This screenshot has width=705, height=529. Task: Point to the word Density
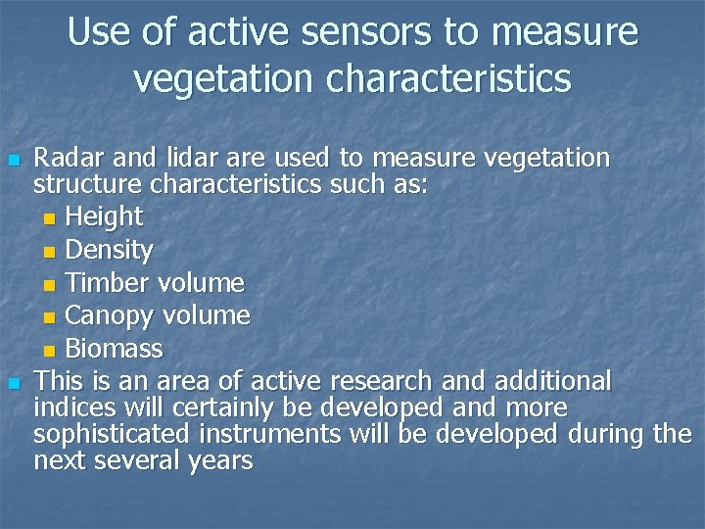[x=109, y=251]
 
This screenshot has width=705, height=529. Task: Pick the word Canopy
[x=109, y=316]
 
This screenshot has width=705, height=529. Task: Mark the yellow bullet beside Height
[x=51, y=217]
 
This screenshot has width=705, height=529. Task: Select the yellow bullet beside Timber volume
[x=51, y=284]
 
